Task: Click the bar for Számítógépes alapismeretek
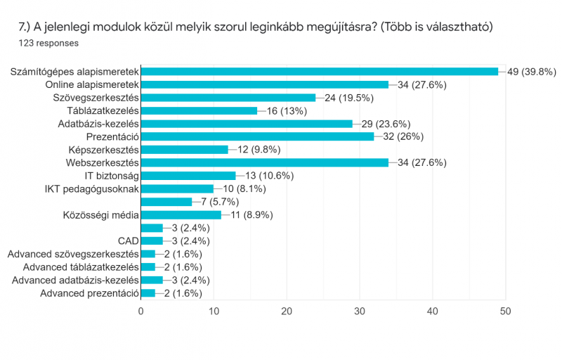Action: pos(320,71)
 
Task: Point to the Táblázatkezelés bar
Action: pos(200,110)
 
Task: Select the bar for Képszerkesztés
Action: pos(185,149)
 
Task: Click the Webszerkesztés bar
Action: pos(265,162)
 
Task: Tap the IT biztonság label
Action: pos(109,176)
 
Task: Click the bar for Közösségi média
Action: pos(181,214)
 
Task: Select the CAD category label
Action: pos(128,241)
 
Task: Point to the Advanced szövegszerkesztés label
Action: pos(73,254)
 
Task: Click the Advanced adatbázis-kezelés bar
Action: pos(152,280)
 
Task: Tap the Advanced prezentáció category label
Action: pos(89,293)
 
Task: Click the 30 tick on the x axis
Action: pos(360,310)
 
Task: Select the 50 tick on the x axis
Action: pos(505,310)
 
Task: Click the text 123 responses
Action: pos(48,42)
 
